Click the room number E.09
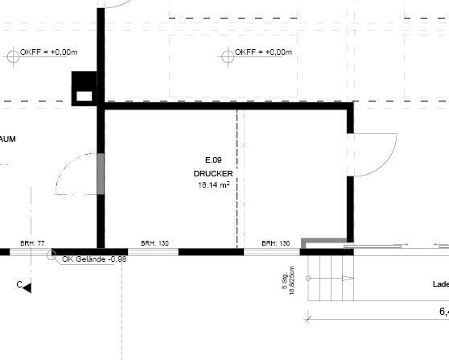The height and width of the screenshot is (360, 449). [213, 160]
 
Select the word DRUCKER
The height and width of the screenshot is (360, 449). [213, 173]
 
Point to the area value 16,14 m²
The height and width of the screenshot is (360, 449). [213, 184]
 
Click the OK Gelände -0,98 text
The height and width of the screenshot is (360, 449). [93, 259]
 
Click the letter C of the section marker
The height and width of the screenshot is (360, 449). [19, 284]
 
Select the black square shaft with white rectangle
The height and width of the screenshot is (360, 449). [84, 88]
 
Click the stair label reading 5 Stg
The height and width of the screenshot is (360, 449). [284, 282]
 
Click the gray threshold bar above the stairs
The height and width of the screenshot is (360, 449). [324, 240]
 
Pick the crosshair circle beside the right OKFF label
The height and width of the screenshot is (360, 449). [224, 55]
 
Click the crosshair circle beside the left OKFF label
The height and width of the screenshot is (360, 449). [12, 55]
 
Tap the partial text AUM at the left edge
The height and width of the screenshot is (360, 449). [8, 139]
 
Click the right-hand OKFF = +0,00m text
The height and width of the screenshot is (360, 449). [263, 52]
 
